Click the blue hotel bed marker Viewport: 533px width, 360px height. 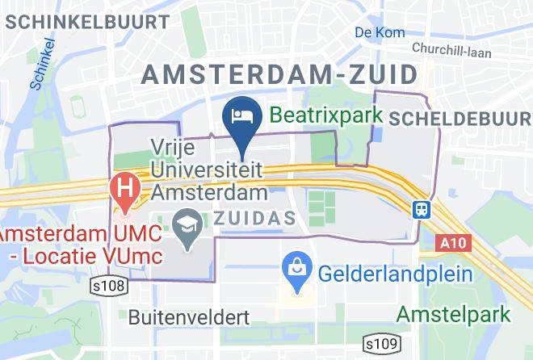pyautogui.click(x=242, y=115)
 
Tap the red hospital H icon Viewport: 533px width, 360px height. pyautogui.click(x=125, y=191)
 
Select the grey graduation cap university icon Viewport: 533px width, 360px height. pyautogui.click(x=188, y=223)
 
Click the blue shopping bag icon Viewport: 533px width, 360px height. pyautogui.click(x=296, y=265)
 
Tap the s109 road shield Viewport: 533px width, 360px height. pyautogui.click(x=380, y=345)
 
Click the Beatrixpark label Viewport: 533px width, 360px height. pyautogui.click(x=325, y=115)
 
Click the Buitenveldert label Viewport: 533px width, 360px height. pyautogui.click(x=187, y=316)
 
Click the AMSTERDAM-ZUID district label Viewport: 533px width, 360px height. pyautogui.click(x=280, y=76)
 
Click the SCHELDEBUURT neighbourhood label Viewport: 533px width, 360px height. pyautogui.click(x=460, y=119)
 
